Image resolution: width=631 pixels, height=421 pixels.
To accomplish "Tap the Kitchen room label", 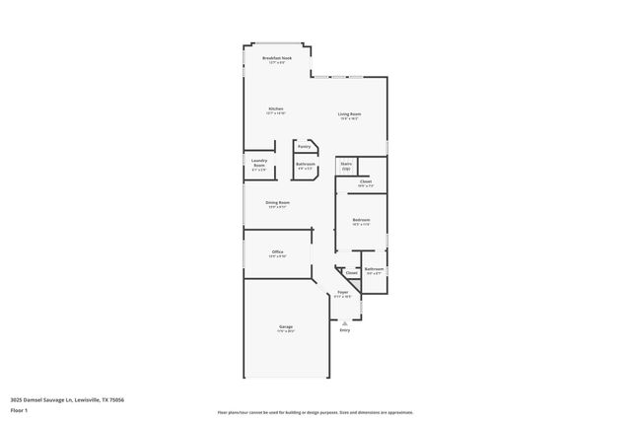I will (276, 108).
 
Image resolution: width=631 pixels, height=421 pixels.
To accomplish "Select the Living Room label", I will (349, 114).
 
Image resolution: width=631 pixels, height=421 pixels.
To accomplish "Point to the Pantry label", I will (304, 146).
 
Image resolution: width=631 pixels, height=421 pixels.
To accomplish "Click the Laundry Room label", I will (259, 163).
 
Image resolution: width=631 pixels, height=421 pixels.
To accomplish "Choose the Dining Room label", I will (277, 202).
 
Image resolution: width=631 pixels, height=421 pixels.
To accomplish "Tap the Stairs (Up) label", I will (346, 166).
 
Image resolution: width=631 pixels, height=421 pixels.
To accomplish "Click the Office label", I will (277, 252).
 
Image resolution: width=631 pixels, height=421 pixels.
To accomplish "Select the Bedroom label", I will (361, 219).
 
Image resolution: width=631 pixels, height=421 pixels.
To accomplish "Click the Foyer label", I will (343, 292).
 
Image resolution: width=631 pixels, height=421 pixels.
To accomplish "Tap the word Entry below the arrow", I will (344, 329).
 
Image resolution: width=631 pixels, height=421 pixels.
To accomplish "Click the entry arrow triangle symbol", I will (344, 321).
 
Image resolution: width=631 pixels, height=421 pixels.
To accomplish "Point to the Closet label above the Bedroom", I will (365, 181).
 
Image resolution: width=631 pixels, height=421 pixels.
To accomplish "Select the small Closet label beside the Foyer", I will (351, 273).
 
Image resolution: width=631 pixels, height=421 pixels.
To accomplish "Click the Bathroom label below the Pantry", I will (306, 164).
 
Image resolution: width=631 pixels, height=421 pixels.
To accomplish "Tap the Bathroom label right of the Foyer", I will (374, 268).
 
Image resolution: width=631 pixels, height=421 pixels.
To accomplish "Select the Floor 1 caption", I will (20, 410).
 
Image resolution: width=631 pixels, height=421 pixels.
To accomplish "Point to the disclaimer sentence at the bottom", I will (315, 412).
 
